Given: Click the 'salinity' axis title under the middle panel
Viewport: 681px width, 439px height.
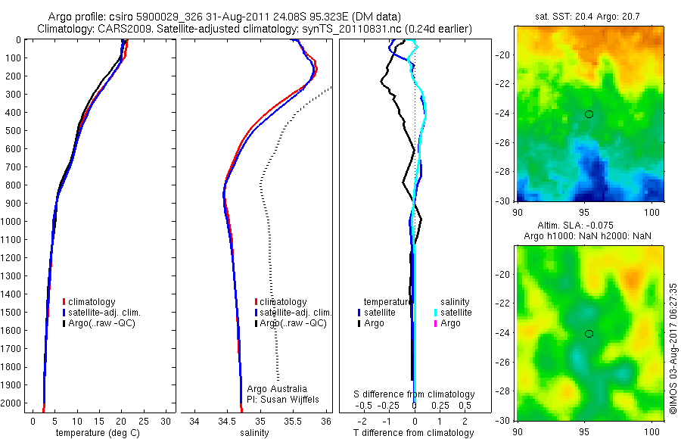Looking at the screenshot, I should pyautogui.click(x=254, y=433).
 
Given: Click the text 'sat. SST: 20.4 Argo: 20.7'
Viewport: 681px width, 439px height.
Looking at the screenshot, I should pyautogui.click(x=589, y=15).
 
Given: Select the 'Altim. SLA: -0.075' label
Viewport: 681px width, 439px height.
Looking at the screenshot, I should pyautogui.click(x=589, y=226).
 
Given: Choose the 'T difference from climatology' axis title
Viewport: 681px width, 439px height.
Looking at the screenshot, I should pyautogui.click(x=414, y=433).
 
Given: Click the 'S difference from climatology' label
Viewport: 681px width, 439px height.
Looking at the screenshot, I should pyautogui.click(x=415, y=394).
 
